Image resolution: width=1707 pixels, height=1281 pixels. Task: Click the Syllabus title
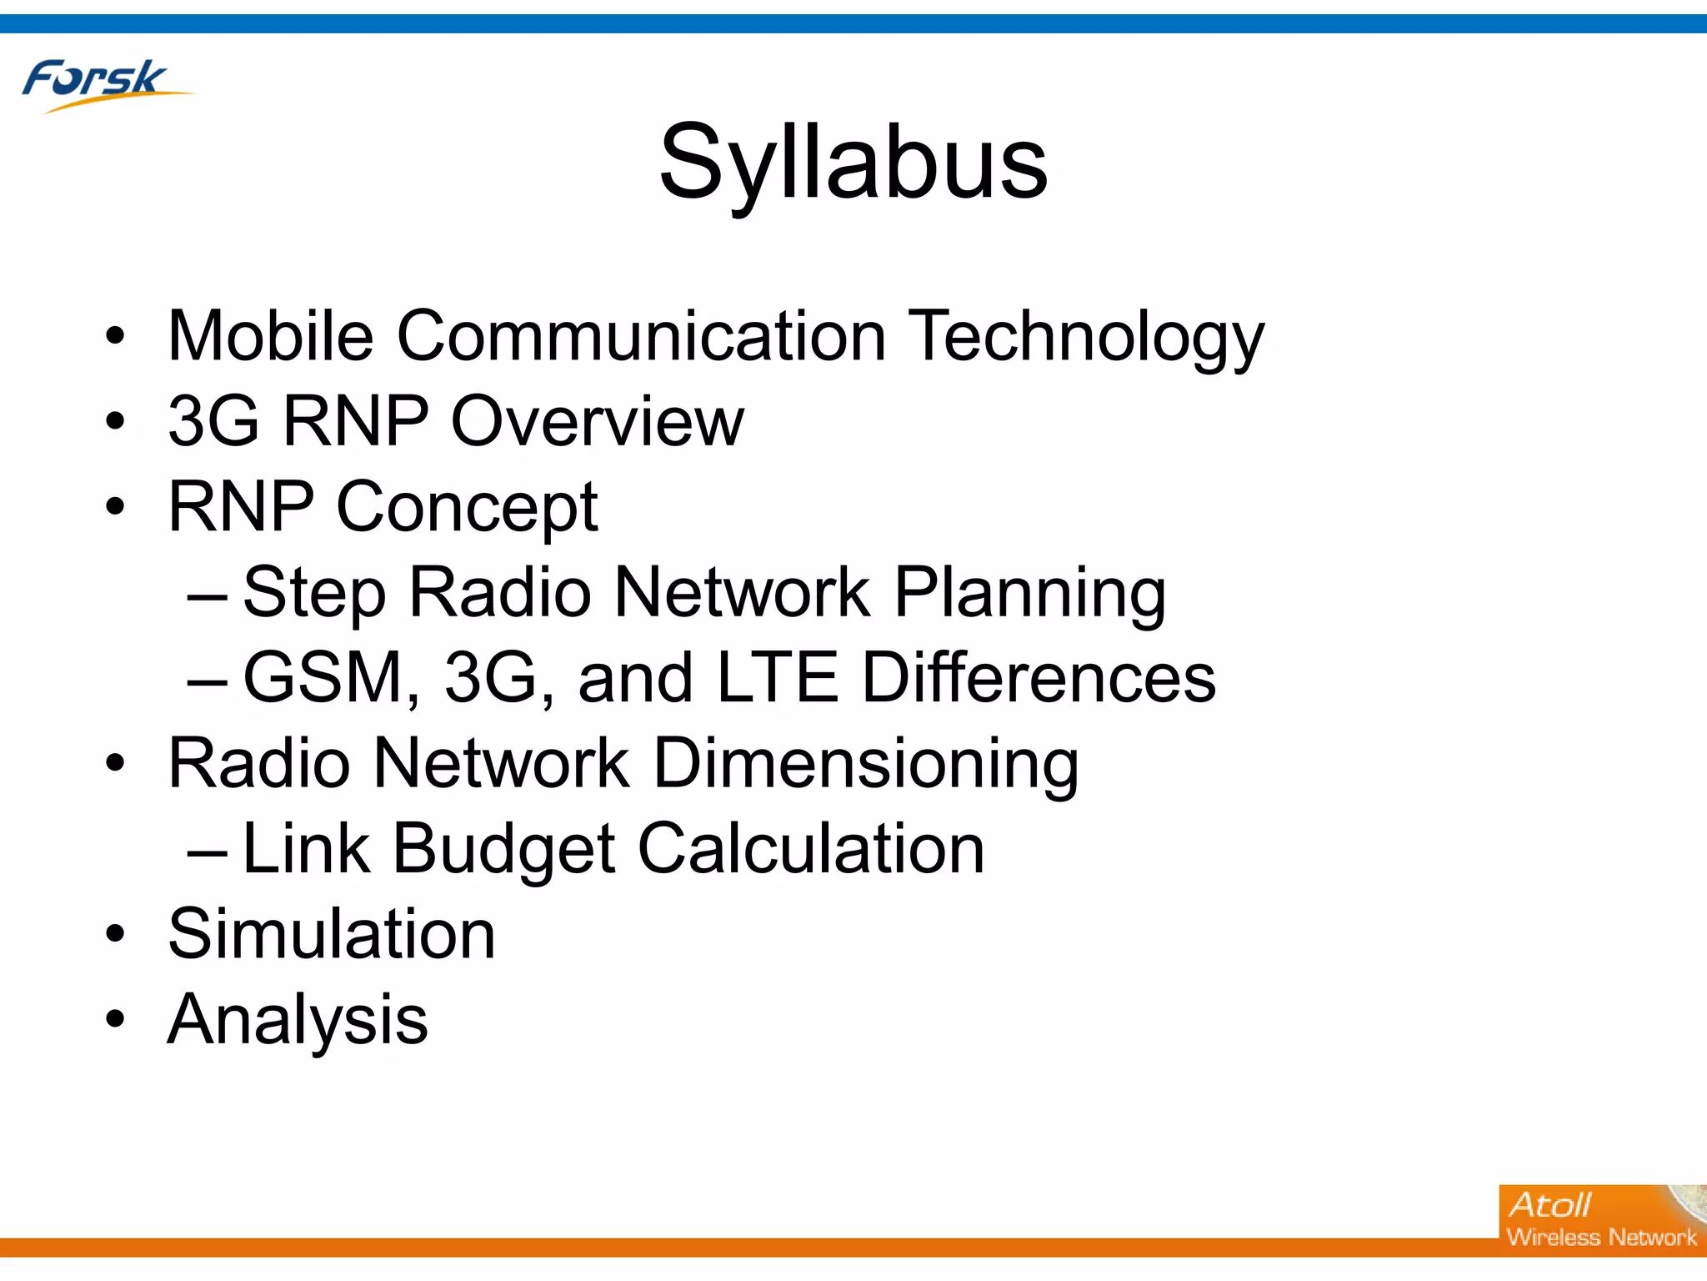853,162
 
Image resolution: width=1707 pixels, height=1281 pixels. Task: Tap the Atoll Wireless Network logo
1600,1219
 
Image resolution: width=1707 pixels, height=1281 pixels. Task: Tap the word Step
314,593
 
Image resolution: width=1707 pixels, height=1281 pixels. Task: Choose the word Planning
1029,593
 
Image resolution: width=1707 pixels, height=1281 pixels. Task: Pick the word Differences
1038,677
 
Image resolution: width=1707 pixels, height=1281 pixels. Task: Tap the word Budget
504,849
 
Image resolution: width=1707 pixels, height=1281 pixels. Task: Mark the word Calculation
811,849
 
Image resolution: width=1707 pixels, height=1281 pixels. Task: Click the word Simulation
332,934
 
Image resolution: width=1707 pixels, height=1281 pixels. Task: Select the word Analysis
298,1019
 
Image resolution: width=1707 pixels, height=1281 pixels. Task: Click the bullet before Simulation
115,934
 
